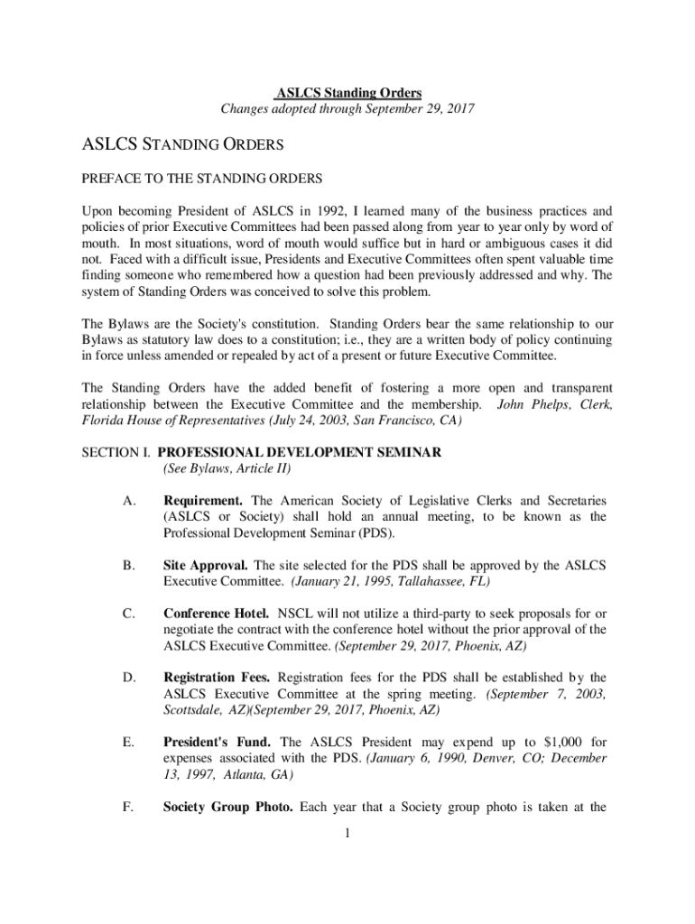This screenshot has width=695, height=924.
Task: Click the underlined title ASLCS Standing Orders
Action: click(347, 93)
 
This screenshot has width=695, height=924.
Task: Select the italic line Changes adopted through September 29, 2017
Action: click(347, 110)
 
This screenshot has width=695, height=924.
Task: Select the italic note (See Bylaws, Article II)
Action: click(227, 469)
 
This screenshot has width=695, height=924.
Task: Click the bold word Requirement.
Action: click(203, 501)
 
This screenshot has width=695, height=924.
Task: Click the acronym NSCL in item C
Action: click(301, 614)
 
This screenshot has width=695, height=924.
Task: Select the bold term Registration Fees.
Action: click(217, 678)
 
